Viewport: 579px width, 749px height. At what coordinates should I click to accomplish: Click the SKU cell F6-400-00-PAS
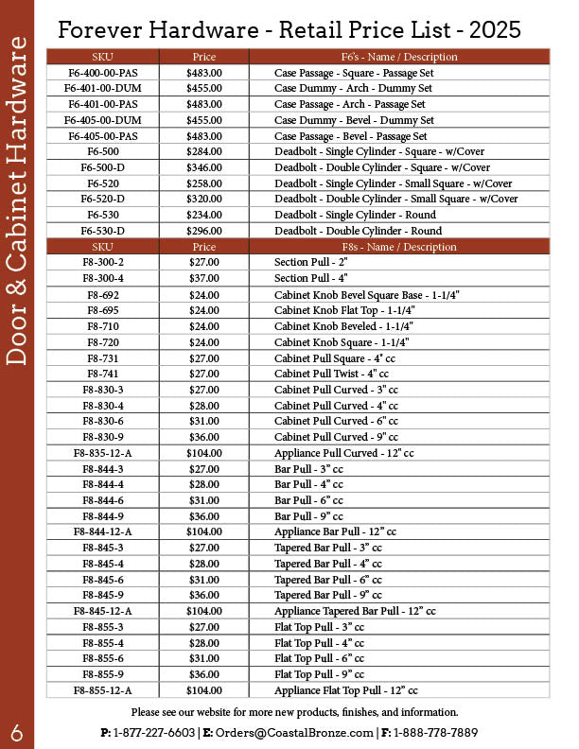tap(102, 72)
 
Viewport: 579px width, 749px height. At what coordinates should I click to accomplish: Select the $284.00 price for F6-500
tap(203, 151)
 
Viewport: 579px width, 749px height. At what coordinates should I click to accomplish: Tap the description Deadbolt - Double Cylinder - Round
tap(358, 231)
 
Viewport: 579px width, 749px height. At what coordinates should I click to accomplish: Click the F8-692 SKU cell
tap(102, 294)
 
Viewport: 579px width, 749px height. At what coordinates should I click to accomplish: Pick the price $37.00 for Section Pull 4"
tap(203, 278)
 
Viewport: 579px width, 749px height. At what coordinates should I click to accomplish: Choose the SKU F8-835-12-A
tap(102, 453)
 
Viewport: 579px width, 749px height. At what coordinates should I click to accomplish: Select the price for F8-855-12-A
tap(203, 691)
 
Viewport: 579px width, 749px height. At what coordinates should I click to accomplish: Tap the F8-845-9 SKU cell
tap(102, 596)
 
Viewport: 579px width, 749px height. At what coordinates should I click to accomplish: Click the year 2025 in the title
tap(495, 30)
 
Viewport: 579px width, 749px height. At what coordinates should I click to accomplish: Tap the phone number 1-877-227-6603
tap(154, 733)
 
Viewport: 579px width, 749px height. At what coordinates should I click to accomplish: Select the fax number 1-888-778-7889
tap(436, 733)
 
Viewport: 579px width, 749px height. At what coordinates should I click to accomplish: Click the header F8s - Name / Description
tap(398, 247)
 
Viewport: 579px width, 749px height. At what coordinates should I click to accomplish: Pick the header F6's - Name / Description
tap(398, 57)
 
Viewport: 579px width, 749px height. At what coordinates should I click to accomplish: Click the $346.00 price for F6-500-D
tap(203, 167)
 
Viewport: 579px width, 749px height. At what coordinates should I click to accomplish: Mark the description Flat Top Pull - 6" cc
tap(319, 659)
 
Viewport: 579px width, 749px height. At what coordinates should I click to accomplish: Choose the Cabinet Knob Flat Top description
tap(343, 310)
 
